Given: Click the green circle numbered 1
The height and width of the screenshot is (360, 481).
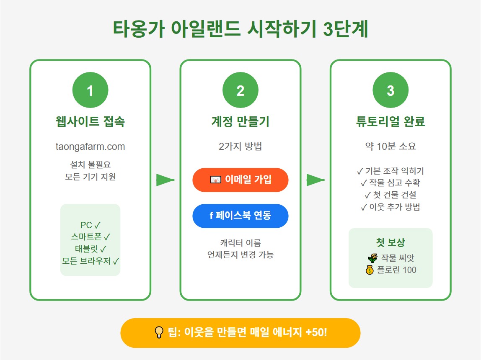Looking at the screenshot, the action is (90, 90).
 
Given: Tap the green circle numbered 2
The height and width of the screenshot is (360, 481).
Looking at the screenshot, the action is (240, 90).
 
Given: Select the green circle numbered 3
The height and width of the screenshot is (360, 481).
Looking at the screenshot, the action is (390, 90).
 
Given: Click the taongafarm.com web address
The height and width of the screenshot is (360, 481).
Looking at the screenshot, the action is (90, 147).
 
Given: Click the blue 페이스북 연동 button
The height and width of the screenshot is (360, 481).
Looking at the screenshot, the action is (240, 216).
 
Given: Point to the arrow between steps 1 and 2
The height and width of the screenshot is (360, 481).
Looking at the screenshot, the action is (165, 180).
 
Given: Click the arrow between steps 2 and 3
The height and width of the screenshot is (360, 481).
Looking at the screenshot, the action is (315, 180).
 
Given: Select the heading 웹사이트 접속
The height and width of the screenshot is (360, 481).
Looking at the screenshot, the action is (90, 122).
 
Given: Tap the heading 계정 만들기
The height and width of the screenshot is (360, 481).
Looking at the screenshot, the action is (240, 122).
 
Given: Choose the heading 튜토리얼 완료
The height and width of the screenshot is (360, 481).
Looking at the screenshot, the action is (390, 122).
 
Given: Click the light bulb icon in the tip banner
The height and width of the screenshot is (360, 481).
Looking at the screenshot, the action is (159, 333).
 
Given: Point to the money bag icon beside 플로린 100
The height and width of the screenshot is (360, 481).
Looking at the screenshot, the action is (369, 270).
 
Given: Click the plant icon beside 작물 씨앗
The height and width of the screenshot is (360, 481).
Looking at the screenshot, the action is (371, 258).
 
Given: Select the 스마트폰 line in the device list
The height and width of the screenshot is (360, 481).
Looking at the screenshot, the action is (90, 237).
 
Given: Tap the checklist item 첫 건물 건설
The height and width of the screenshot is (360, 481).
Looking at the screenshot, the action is (390, 195).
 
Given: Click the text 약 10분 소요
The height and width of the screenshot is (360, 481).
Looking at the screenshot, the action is (390, 147).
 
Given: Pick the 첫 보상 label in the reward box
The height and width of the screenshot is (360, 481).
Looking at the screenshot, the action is (390, 243).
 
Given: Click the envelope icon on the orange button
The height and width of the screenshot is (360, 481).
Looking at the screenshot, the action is (215, 180).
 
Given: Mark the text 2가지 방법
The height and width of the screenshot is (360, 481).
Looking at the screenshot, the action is (240, 147).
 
